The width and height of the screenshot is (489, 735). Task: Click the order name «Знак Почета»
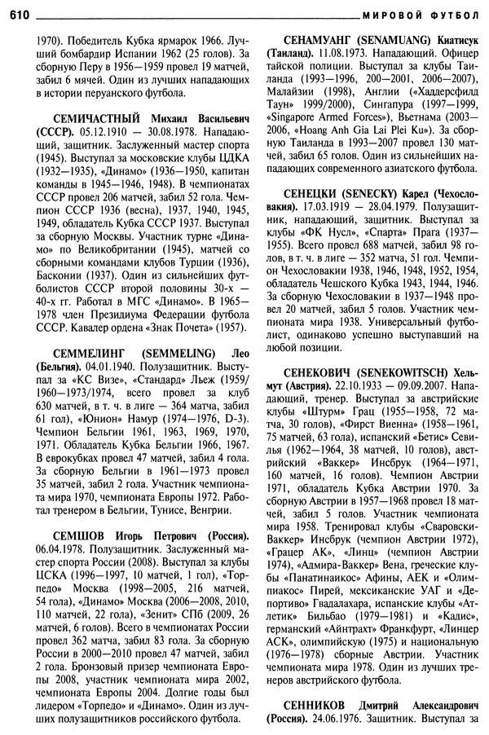(x=173, y=327)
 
